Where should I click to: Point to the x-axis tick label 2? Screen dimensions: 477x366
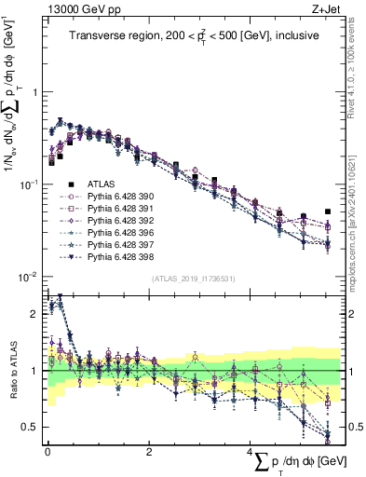pos(149,451)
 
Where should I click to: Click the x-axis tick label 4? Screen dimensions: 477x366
pos(250,451)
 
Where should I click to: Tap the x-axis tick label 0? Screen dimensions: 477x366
pos(47,451)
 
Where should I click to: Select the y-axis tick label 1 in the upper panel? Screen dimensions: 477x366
pos(34,92)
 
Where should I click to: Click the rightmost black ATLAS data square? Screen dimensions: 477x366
pos(327,211)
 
